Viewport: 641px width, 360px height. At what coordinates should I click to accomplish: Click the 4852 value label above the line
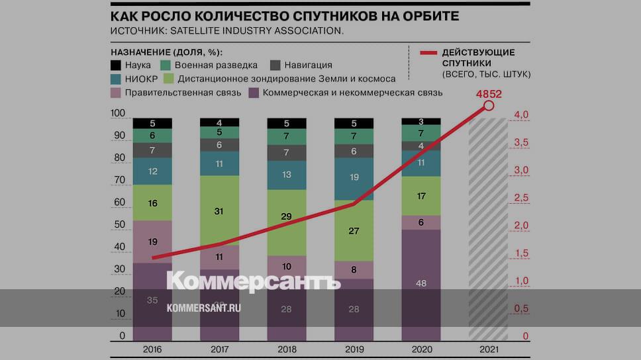[488, 93]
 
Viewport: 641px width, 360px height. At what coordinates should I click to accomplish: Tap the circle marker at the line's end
[489, 105]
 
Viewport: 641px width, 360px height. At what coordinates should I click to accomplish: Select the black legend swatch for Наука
[116, 66]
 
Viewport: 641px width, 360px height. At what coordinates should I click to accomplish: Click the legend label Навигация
[308, 66]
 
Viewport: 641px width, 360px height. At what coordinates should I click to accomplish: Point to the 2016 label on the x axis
[152, 349]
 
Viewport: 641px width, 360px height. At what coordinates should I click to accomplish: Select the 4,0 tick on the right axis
[521, 115]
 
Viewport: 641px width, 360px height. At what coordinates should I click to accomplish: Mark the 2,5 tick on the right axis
[521, 198]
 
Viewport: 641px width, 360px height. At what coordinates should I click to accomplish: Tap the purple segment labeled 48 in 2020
[421, 283]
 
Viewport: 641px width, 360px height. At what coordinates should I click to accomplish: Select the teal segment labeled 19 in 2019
[354, 178]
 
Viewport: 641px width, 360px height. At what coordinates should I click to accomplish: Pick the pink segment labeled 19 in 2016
[152, 242]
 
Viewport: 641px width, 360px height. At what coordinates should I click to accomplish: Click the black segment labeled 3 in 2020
[421, 122]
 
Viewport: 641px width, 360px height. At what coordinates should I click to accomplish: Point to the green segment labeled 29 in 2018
[287, 217]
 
